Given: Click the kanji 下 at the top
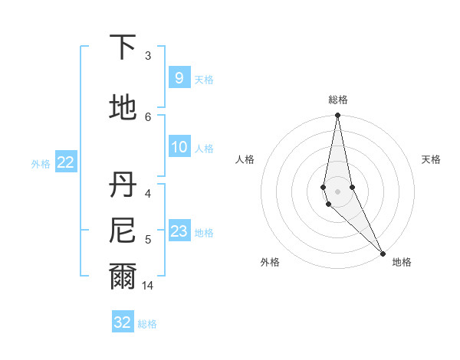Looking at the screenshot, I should pos(123,47).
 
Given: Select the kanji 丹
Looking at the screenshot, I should pos(123,184).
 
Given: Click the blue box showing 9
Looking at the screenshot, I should pos(179,78).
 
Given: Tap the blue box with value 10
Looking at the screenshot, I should pos(179,147).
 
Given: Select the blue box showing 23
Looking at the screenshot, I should pos(179,231).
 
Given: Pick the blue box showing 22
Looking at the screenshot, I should pos(65,162).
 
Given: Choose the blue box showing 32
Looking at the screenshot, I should pos(123,322).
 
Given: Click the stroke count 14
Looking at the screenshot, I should pos(149,286).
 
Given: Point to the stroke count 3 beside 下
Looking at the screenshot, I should pos(148,55).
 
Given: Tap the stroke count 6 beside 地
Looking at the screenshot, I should pos(148,116).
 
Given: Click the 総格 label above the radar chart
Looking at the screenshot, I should pos(337,100).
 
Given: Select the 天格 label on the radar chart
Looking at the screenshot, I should pos(432,159).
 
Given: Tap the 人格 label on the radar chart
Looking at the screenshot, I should pos(245,159).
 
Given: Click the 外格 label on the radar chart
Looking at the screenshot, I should pos(270,262).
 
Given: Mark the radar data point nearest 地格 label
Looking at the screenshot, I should pos(383,253).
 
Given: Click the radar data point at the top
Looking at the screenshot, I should pos(337,116).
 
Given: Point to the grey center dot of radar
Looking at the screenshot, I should pos(337,191).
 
